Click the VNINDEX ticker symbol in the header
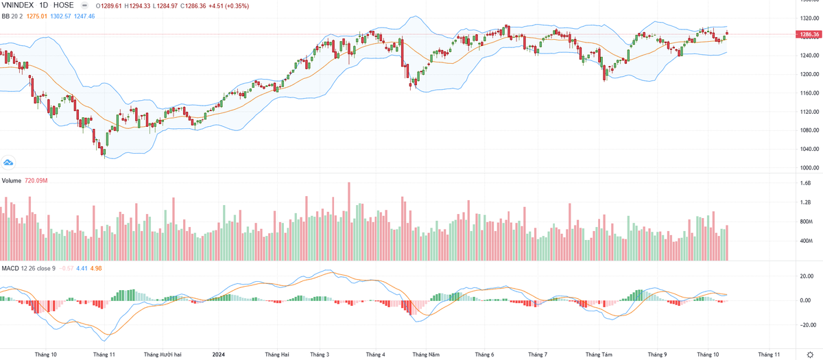19,5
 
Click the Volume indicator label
11,180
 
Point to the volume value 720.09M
36,180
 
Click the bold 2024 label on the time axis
218,355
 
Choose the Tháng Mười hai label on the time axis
163,355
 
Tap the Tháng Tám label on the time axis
599,355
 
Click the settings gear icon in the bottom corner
809,354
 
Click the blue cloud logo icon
9,163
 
